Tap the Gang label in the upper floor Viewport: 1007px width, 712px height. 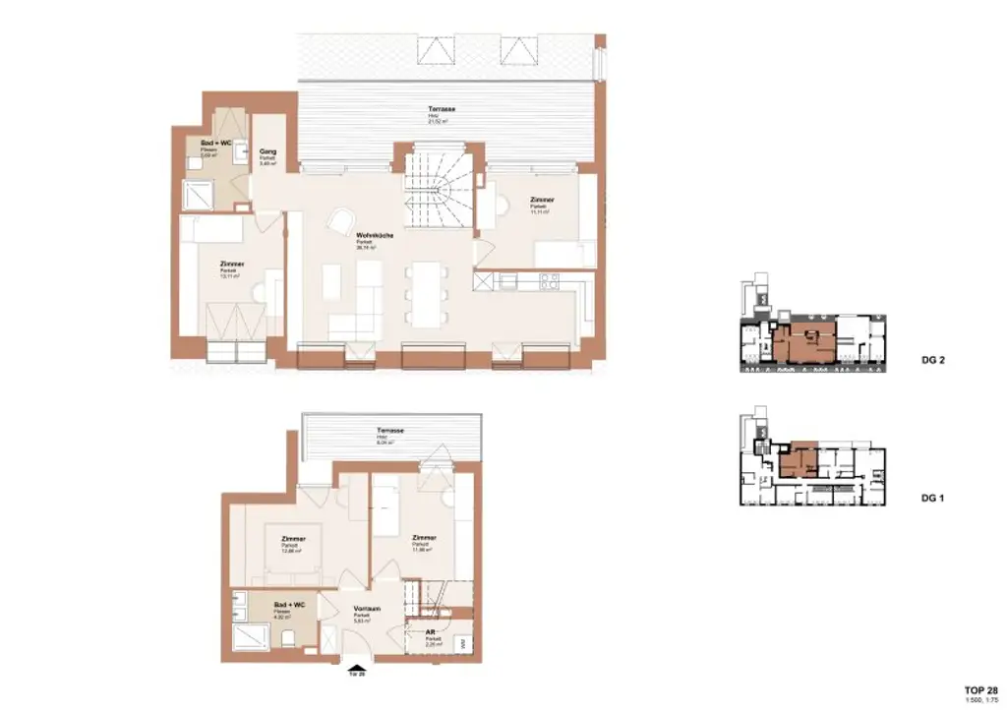(x=267, y=151)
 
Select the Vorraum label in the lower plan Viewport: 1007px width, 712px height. (x=367, y=610)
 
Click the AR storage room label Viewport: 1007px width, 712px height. (x=432, y=633)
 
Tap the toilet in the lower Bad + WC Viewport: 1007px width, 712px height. (x=286, y=638)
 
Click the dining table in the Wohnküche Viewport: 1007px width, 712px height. (x=427, y=292)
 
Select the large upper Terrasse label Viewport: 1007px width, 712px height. (x=442, y=109)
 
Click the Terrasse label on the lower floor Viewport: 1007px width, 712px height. (x=390, y=432)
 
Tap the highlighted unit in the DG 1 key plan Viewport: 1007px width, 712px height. (x=799, y=459)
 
